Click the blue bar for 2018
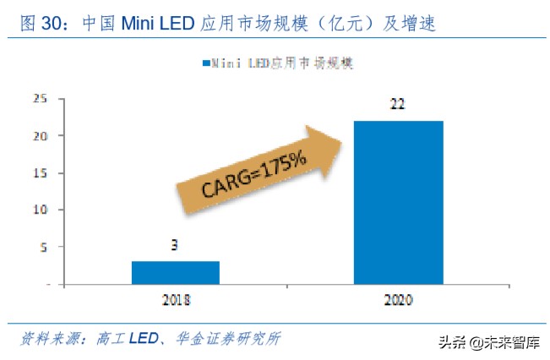point(176,273)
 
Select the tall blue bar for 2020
point(398,203)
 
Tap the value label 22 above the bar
point(398,106)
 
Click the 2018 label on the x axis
point(175,300)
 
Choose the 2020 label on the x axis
point(398,300)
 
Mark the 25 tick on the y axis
point(39,98)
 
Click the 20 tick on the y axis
point(39,135)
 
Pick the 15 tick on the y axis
point(39,173)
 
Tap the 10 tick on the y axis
point(39,210)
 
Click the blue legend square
point(205,63)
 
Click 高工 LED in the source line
point(129,339)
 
